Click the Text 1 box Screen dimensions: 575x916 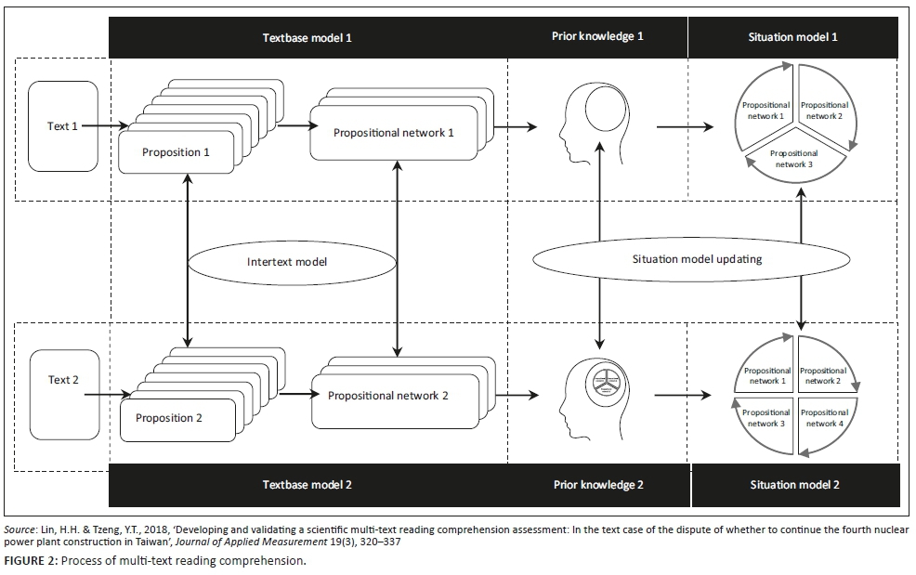[63, 126]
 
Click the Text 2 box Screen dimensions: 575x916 [63, 380]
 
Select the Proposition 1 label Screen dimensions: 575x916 [176, 152]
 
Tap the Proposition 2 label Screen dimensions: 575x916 [169, 418]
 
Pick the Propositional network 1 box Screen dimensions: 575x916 [393, 133]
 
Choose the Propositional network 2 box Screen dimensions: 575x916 [387, 396]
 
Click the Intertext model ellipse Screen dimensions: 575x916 [287, 262]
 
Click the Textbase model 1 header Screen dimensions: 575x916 [307, 38]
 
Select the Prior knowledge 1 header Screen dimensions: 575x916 [597, 37]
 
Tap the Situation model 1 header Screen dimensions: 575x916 [792, 38]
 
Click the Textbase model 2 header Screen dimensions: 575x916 [307, 485]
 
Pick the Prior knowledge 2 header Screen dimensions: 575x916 [597, 485]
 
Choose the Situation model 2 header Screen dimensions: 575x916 [794, 485]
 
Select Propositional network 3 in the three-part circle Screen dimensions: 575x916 [793, 159]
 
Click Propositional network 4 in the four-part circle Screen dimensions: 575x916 [822, 418]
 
